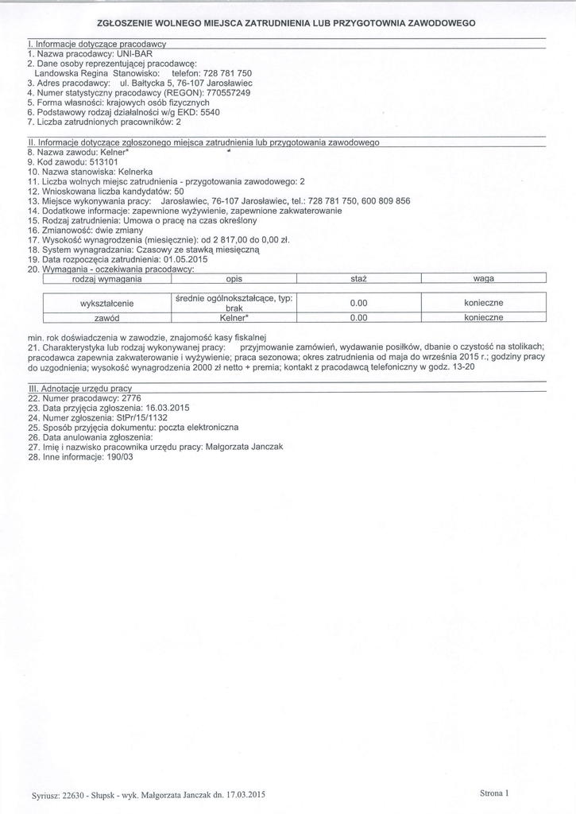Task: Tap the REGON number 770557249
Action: [224, 92]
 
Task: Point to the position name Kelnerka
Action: [137, 171]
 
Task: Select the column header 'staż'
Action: [358, 279]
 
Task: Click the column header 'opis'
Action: [234, 279]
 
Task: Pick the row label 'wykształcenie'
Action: [107, 303]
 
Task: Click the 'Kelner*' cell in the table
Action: [234, 317]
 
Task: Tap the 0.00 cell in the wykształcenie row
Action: [358, 303]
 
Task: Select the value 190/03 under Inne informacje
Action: [117, 457]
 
